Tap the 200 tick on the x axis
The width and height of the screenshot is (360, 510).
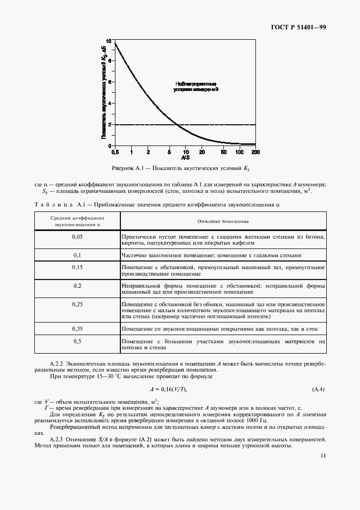(x=255, y=152)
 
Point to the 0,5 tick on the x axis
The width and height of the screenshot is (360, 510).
(x=115, y=152)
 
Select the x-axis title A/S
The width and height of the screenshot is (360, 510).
(x=186, y=157)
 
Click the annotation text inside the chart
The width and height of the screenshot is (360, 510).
(x=196, y=86)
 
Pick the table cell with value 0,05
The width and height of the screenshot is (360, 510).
(x=77, y=237)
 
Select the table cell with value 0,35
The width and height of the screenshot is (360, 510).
(x=77, y=329)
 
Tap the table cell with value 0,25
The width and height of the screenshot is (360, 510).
(x=77, y=304)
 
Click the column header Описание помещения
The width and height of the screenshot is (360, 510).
(x=223, y=221)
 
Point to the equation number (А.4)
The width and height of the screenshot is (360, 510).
(x=318, y=388)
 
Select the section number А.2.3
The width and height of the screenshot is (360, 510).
(x=57, y=439)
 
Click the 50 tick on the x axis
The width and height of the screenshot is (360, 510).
(x=224, y=152)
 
